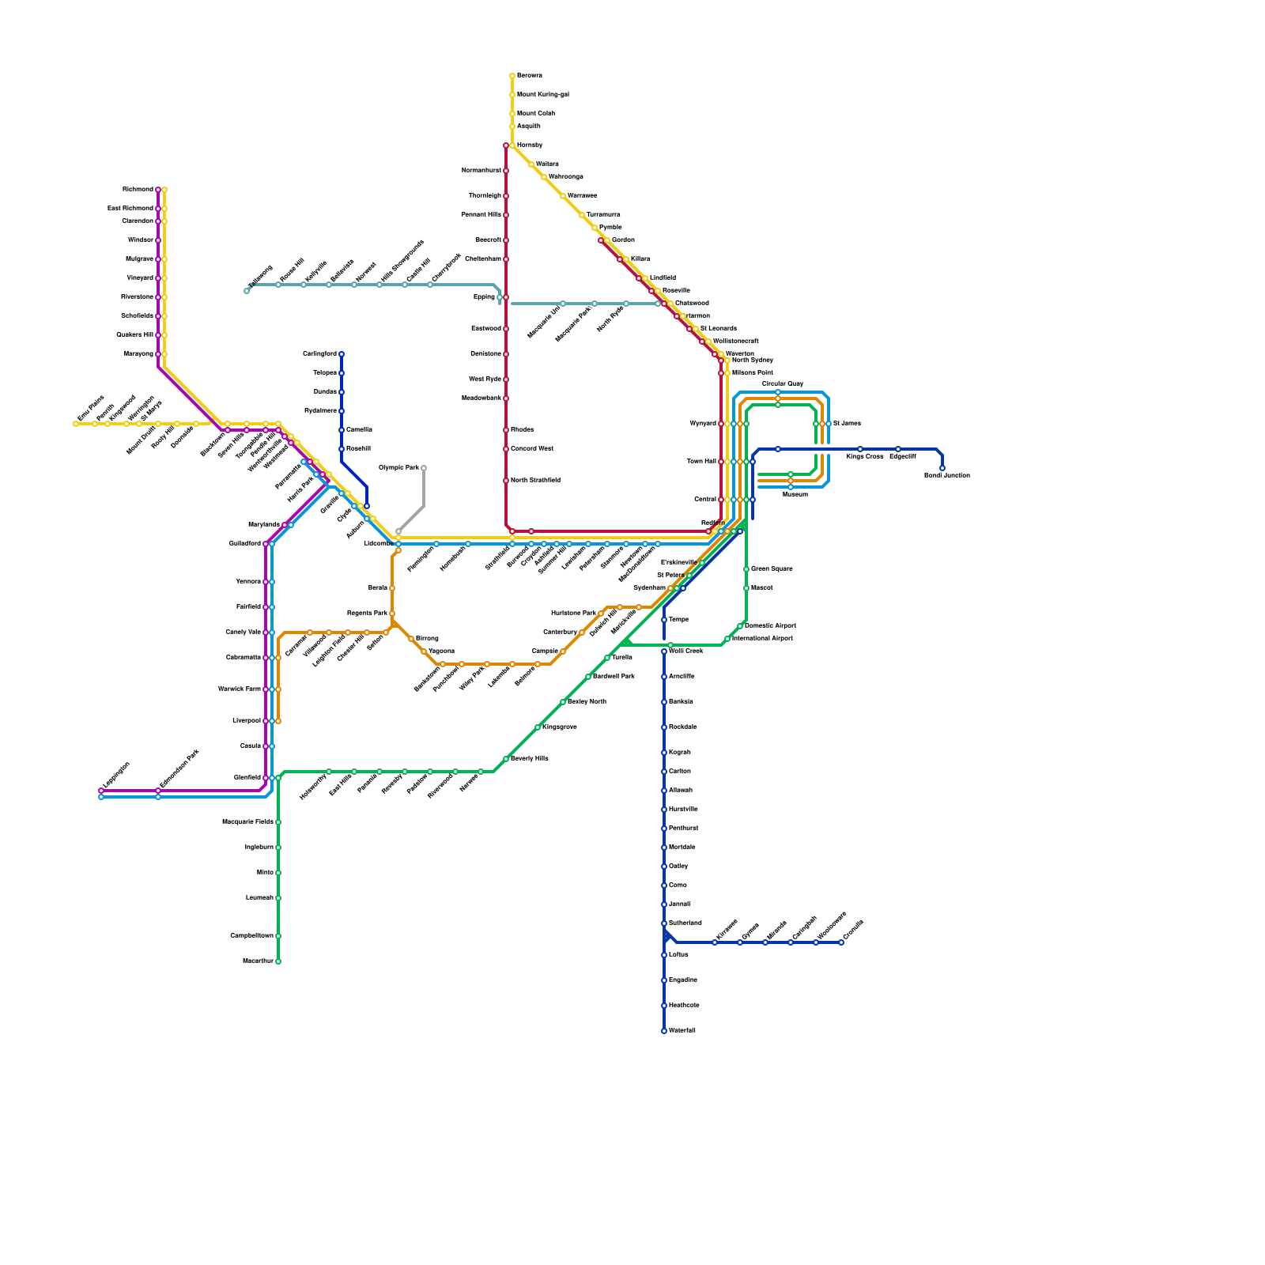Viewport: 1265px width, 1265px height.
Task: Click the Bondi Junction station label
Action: tap(946, 476)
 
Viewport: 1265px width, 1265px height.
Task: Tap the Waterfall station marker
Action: tap(664, 1031)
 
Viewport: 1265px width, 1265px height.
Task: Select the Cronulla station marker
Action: tap(841, 942)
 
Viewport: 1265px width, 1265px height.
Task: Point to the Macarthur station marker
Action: tap(278, 961)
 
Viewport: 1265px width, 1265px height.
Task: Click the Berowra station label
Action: tap(530, 76)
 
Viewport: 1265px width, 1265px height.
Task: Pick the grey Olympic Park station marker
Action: tap(424, 468)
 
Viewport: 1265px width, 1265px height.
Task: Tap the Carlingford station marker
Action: tap(342, 354)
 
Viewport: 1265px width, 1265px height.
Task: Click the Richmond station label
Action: tap(138, 190)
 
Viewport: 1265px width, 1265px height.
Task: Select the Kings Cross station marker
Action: tap(860, 449)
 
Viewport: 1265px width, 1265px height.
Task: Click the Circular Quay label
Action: tap(783, 384)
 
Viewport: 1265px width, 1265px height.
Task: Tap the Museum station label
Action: tap(795, 495)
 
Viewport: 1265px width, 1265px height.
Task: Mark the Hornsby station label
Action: tap(530, 145)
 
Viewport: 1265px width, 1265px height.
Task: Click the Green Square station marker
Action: tap(746, 569)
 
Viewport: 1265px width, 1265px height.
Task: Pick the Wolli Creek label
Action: tap(686, 651)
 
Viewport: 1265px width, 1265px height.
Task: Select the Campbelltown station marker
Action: tap(278, 936)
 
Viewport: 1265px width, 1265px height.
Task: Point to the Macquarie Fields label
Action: tap(247, 822)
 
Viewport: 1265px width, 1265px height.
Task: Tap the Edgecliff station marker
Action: tap(898, 449)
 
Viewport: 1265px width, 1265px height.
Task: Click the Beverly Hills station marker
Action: tap(506, 759)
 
